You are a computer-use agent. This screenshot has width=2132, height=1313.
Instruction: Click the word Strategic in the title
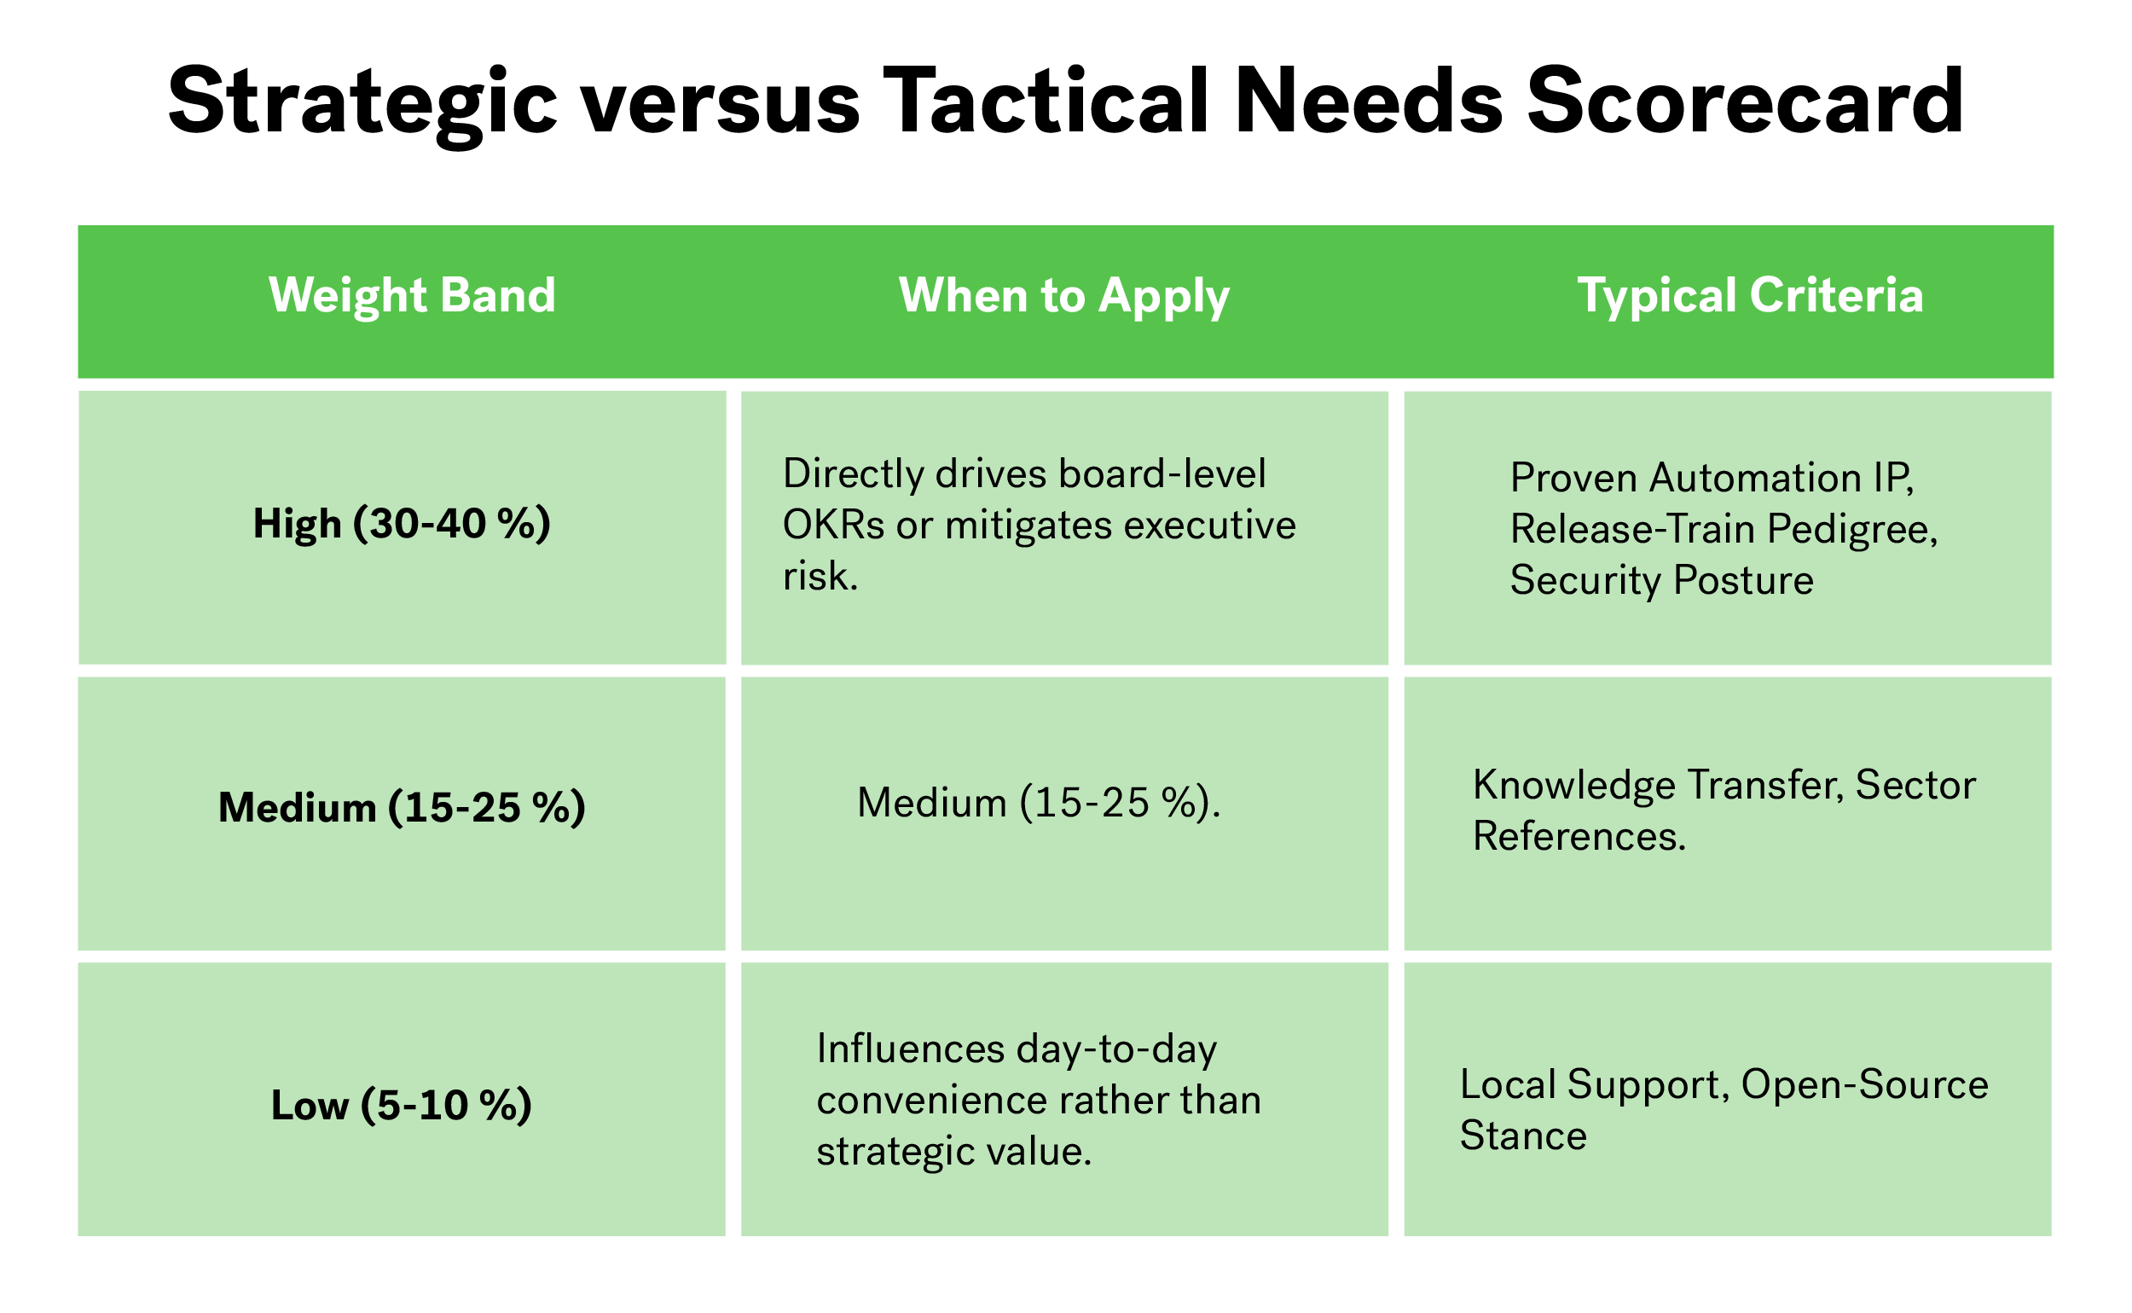click(362, 102)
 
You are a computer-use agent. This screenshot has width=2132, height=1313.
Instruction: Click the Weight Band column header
click(413, 295)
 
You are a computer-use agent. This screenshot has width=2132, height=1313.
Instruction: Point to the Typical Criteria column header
click(1750, 296)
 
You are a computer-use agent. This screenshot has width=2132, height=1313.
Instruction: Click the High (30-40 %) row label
click(402, 525)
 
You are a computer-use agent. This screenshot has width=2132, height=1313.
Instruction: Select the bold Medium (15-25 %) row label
click(402, 809)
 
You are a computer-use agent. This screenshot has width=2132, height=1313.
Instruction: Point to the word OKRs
click(833, 526)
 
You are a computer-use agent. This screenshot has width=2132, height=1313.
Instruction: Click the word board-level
click(1162, 474)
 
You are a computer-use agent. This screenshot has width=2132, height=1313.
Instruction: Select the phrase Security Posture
click(1661, 580)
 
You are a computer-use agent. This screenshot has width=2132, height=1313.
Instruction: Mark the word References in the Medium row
click(1579, 836)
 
